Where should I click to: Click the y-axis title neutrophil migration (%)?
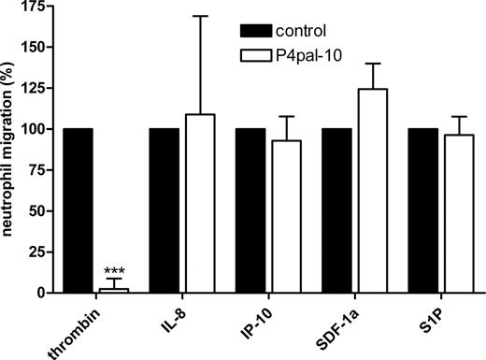[x=12, y=150]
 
